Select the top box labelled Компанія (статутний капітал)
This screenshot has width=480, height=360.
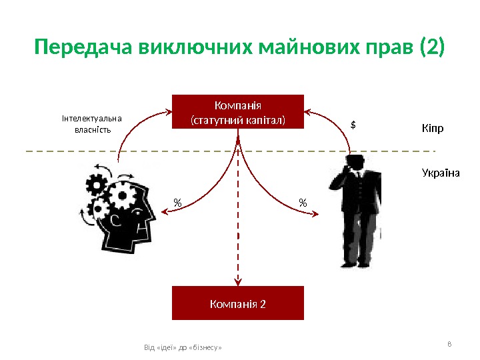click(x=238, y=112)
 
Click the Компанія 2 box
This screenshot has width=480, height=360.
click(x=238, y=303)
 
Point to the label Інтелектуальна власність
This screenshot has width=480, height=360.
click(x=91, y=123)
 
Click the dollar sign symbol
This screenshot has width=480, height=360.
click(x=353, y=125)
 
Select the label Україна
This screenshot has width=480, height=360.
click(x=441, y=173)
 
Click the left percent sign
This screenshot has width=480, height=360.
click(x=177, y=201)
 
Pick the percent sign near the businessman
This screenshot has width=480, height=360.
click(x=303, y=201)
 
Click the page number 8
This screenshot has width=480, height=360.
click(x=449, y=344)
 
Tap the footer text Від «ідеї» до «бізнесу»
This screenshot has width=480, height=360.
click(x=183, y=348)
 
